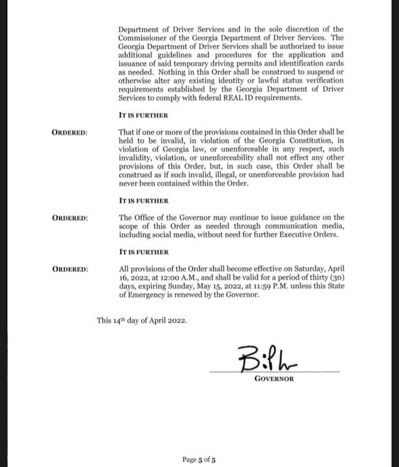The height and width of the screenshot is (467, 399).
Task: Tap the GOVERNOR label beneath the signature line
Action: point(274,379)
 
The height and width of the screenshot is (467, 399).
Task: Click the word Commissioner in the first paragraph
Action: point(142,38)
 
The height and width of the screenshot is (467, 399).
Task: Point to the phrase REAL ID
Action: point(230,98)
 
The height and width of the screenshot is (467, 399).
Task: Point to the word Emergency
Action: point(152,295)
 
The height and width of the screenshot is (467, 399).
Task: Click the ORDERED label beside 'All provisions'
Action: point(70,269)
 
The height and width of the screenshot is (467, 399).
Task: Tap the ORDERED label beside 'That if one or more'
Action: point(70,132)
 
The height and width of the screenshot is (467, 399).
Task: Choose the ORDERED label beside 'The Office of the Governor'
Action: point(70,218)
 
